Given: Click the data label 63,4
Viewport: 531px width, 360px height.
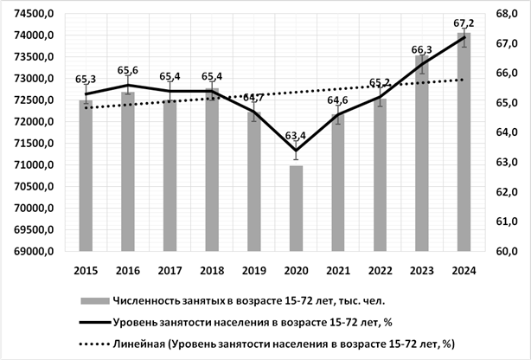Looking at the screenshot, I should [x=296, y=135].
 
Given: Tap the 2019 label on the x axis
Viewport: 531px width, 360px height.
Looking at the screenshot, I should [x=254, y=271].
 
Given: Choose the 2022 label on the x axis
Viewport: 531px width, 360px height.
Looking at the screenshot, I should [x=381, y=271].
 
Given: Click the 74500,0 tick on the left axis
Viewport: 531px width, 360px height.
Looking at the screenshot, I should [x=35, y=14].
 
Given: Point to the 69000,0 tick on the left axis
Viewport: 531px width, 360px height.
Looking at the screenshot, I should [x=35, y=252].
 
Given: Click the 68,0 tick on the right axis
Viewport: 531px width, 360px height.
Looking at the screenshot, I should [x=507, y=14].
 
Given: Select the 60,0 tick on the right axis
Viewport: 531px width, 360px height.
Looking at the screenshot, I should [x=507, y=252].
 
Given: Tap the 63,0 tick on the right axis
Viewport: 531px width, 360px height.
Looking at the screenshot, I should [x=507, y=163].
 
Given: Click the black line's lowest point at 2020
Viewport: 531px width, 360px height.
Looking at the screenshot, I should [x=296, y=151].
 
